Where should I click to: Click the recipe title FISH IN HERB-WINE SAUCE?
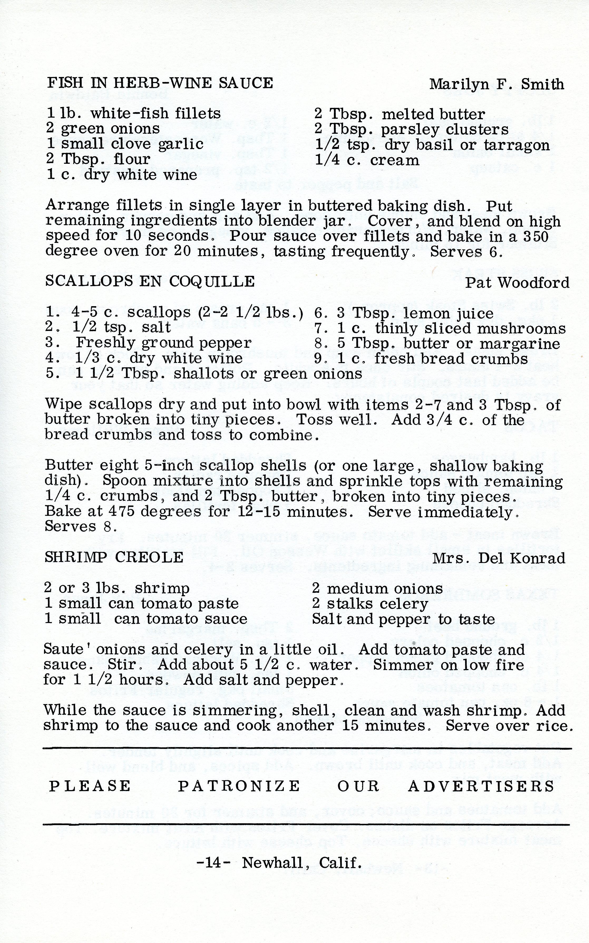point(160,83)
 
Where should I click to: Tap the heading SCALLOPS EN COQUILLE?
point(150,281)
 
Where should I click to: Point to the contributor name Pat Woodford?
point(517,282)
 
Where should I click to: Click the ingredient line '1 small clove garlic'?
point(125,144)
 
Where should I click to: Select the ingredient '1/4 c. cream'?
point(367,160)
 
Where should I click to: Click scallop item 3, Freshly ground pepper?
point(148,343)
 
